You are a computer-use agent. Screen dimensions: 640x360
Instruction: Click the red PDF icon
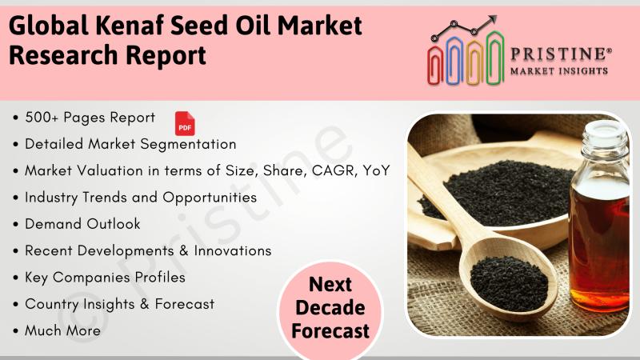coord(185,123)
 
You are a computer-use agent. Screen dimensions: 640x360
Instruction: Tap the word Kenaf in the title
coord(130,26)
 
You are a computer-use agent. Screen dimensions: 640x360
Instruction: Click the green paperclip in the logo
coord(495,58)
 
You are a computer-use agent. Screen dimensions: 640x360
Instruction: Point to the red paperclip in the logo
coord(435,66)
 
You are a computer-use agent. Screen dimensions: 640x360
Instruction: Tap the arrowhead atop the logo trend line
coord(492,19)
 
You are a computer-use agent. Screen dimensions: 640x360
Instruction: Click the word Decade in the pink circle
coord(330,308)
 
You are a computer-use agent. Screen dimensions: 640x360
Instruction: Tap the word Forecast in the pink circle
coord(330,330)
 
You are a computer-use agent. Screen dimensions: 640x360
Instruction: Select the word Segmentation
coord(188,145)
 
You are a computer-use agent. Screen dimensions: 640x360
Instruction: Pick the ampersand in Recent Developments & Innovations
coord(184,250)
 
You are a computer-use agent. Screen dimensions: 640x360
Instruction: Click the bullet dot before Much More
coord(15,331)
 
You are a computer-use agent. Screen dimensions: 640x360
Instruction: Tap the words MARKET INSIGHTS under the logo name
coord(558,71)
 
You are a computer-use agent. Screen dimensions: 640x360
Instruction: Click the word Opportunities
coord(210,198)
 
